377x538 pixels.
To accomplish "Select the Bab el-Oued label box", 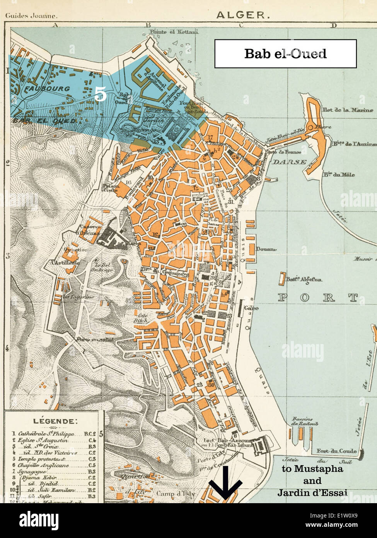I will tap(285, 53).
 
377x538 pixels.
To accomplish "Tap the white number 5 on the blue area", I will tap(100, 94).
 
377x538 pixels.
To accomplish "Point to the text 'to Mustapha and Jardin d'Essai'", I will tap(312, 481).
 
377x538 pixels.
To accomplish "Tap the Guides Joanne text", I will tap(31, 16).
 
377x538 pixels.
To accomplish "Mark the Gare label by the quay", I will tap(251, 308).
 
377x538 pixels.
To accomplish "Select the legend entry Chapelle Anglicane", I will tap(44, 465).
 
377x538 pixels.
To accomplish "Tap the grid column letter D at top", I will tap(333, 26).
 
